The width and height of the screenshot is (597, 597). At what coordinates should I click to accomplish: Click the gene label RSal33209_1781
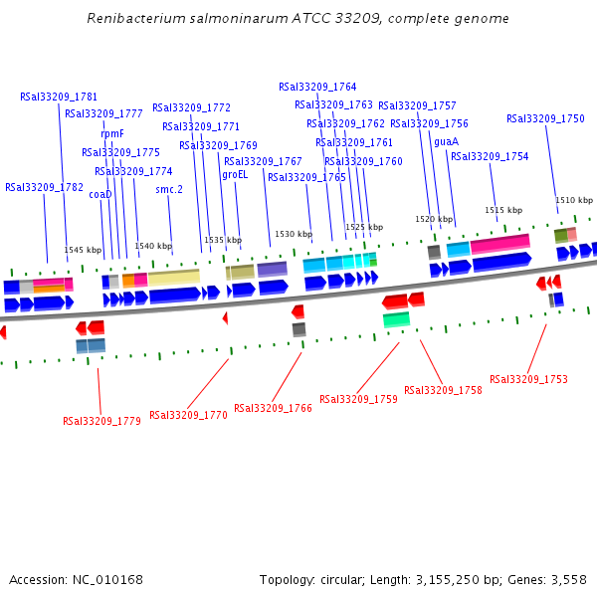[59, 97]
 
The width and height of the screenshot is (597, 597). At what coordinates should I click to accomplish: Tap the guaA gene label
[446, 141]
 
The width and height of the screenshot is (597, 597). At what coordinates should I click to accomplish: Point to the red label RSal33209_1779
[101, 421]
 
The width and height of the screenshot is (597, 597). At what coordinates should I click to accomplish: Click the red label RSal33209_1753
[529, 379]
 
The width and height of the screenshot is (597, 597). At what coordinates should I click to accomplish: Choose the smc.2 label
[169, 189]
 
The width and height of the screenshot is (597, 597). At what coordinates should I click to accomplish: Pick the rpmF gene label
[112, 133]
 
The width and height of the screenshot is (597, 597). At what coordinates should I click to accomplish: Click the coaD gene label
[100, 195]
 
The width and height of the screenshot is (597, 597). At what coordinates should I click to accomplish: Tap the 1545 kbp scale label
[83, 251]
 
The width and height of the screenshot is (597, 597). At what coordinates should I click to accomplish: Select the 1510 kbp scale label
[574, 200]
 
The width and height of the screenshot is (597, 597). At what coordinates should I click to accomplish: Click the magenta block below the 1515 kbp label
[499, 243]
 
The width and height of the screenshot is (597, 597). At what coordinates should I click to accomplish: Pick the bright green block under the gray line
[396, 319]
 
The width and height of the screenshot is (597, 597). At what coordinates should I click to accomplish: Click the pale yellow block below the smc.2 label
[173, 277]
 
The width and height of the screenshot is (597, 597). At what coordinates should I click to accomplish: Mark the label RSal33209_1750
[545, 118]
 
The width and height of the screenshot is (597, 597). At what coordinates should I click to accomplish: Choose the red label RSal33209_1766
[273, 408]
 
